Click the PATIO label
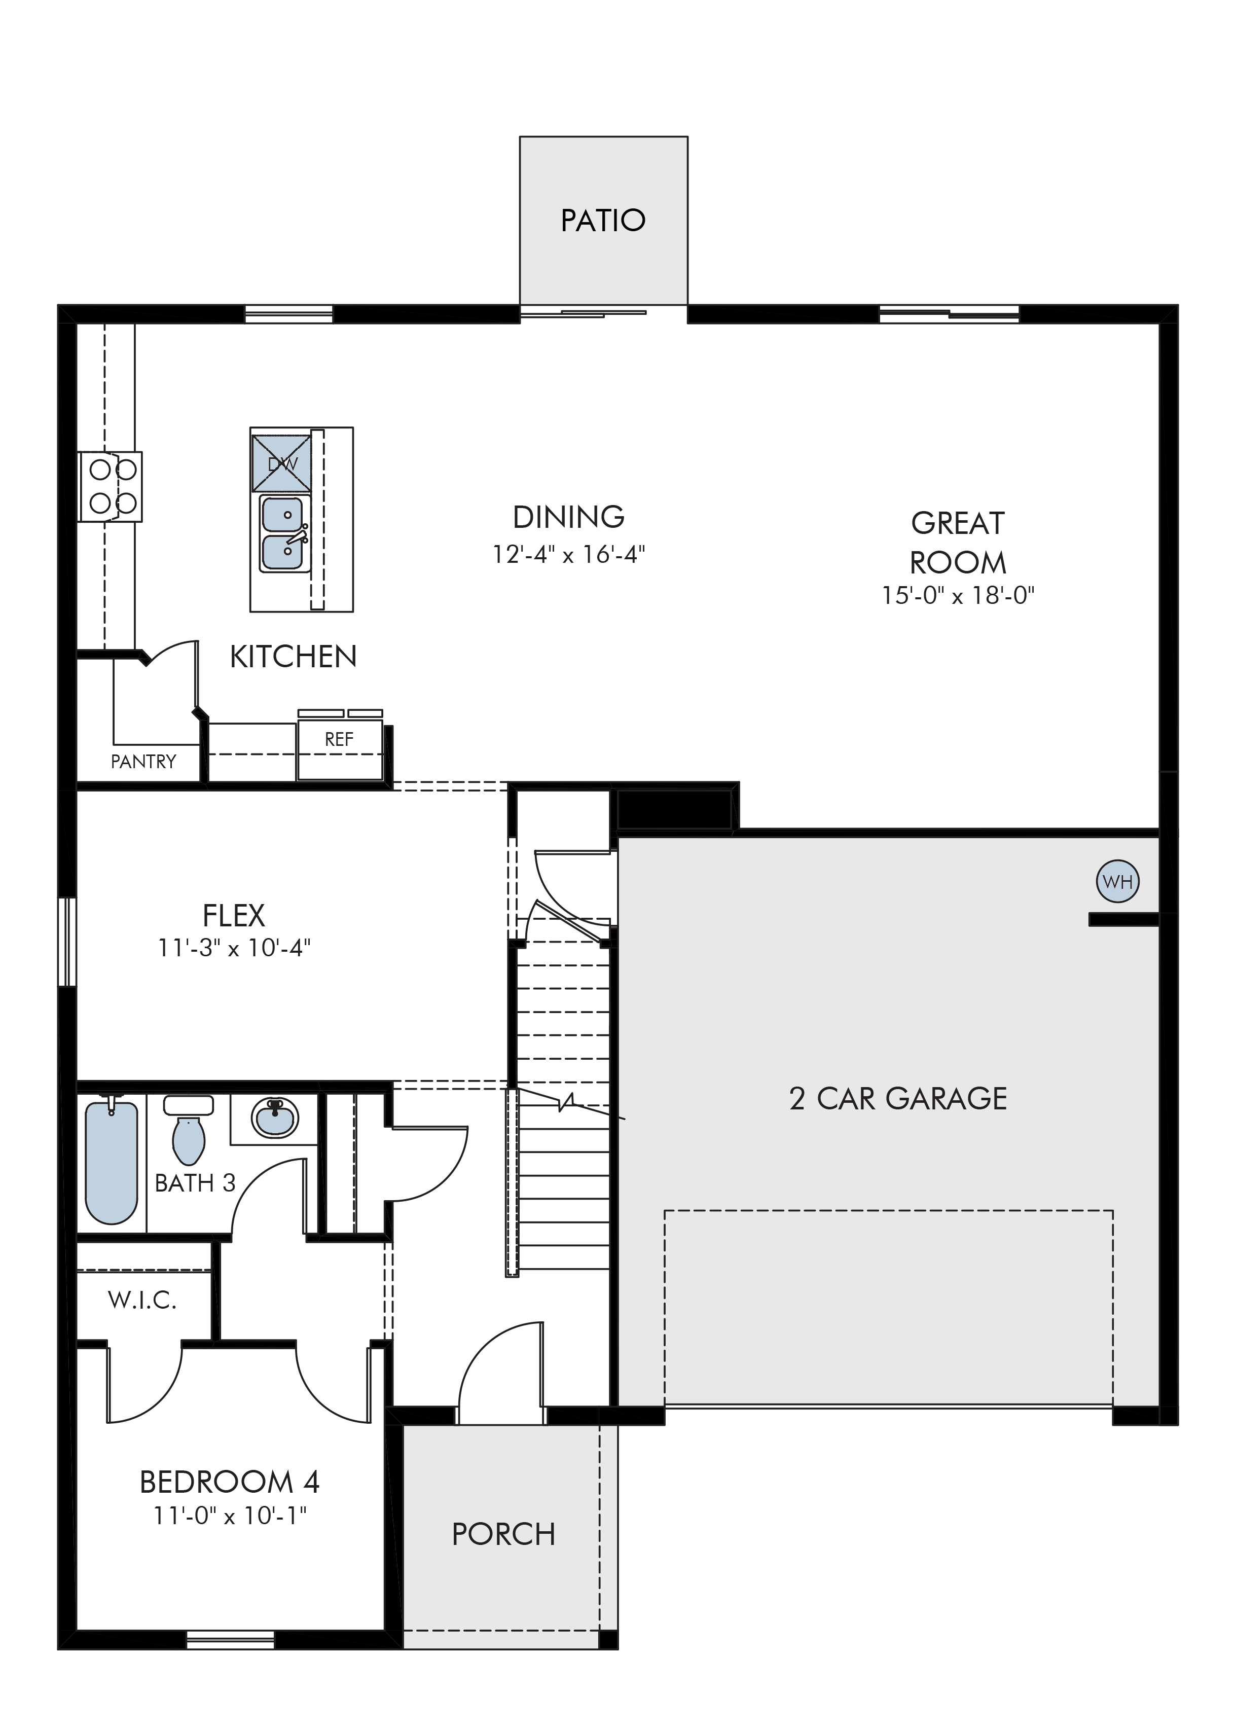(x=603, y=221)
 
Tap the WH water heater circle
(x=1117, y=882)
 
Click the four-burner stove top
(x=111, y=487)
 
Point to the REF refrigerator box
(x=340, y=749)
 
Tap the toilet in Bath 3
(x=189, y=1129)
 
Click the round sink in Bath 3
(x=275, y=1117)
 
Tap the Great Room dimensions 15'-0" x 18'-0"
(x=958, y=595)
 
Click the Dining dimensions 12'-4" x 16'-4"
(x=568, y=554)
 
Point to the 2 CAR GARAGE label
(x=898, y=1099)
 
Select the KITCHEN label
(x=293, y=657)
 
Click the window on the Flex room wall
(x=68, y=942)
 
